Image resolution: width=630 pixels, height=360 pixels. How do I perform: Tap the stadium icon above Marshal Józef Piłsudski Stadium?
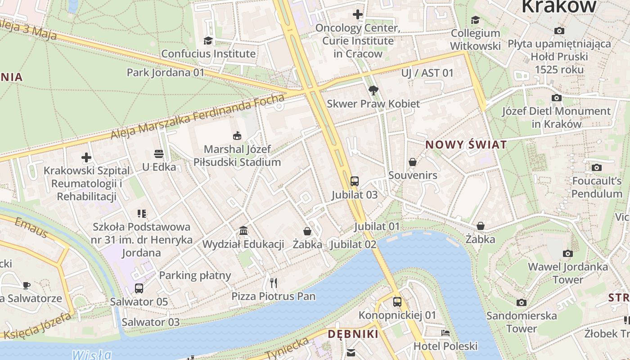(237, 135)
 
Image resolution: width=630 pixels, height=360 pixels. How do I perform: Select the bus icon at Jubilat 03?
(355, 181)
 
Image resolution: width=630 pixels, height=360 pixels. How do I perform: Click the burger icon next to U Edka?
(158, 154)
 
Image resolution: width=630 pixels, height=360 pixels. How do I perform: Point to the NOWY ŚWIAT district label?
(466, 145)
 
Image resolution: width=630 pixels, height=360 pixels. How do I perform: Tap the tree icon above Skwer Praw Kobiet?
(373, 90)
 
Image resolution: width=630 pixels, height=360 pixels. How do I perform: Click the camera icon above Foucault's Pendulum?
(597, 168)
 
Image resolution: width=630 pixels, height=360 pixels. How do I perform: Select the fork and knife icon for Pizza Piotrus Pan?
(274, 283)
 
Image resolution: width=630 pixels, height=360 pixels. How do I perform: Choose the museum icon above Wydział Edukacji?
(243, 231)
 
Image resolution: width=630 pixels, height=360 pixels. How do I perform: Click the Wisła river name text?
(91, 355)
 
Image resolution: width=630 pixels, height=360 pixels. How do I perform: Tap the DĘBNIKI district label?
(353, 334)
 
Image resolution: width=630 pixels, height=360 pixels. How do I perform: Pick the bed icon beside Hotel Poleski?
(445, 333)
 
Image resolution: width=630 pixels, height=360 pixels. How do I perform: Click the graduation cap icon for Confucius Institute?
(208, 41)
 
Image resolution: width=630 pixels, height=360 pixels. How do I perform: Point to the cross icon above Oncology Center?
(358, 14)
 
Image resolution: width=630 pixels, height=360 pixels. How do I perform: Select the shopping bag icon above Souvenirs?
(413, 162)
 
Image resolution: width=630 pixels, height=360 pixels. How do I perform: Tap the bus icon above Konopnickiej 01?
(397, 302)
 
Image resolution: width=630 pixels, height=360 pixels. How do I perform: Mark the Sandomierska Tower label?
(522, 322)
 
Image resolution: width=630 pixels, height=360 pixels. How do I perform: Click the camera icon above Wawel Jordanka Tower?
(568, 254)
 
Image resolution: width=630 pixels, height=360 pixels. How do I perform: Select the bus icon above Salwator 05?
(139, 288)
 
